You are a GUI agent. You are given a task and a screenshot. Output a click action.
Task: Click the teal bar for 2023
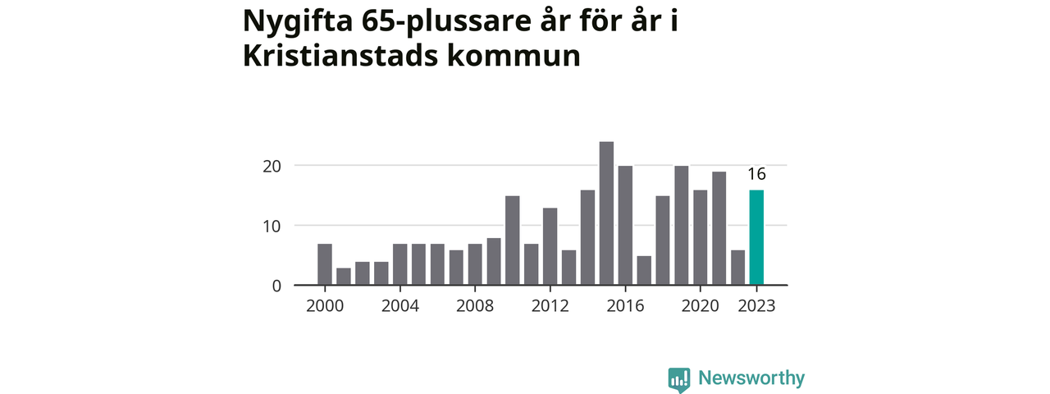point(756,238)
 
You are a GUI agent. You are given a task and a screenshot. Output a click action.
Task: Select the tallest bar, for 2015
point(606,213)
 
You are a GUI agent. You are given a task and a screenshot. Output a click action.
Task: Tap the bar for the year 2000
point(325,264)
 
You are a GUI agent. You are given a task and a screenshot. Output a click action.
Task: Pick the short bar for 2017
point(644,271)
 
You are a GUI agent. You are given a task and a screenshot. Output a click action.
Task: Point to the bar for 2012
point(550,246)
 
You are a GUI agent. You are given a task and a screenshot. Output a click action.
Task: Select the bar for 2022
point(737,268)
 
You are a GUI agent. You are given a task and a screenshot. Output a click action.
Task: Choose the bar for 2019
point(681,226)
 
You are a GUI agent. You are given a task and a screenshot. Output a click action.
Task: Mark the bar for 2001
point(344,277)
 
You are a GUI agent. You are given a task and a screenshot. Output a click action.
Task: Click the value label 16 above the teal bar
point(756,174)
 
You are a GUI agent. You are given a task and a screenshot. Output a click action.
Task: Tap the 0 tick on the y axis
point(276,286)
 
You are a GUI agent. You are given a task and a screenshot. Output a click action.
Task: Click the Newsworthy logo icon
point(678,378)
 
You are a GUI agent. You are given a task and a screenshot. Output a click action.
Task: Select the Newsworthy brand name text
point(751,378)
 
